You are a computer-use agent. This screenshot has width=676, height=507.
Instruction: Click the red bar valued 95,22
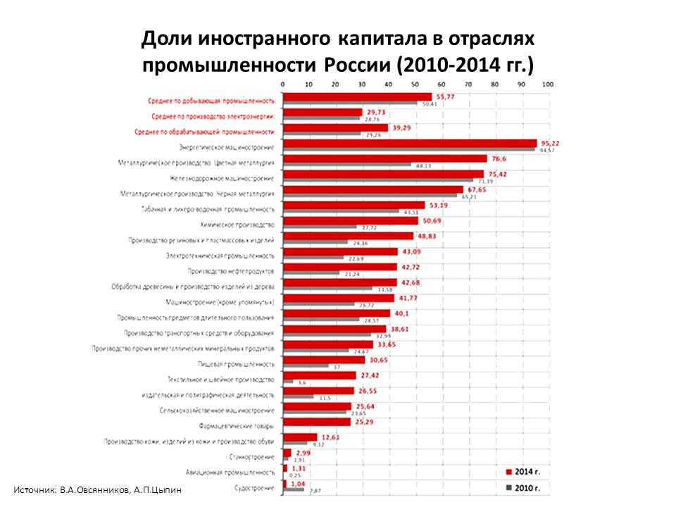click(x=409, y=143)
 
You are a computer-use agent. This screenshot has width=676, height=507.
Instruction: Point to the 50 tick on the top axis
click(x=415, y=84)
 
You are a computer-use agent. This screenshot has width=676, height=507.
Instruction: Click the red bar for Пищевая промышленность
click(x=323, y=360)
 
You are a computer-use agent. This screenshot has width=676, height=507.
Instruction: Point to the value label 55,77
click(x=446, y=96)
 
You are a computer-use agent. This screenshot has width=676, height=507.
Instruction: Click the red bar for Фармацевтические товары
click(x=316, y=422)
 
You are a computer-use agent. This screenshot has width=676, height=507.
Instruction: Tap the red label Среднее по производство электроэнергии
click(x=213, y=116)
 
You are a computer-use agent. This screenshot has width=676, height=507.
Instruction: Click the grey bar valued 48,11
click(x=346, y=165)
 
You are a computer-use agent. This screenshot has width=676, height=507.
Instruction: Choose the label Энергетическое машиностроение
click(x=227, y=147)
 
